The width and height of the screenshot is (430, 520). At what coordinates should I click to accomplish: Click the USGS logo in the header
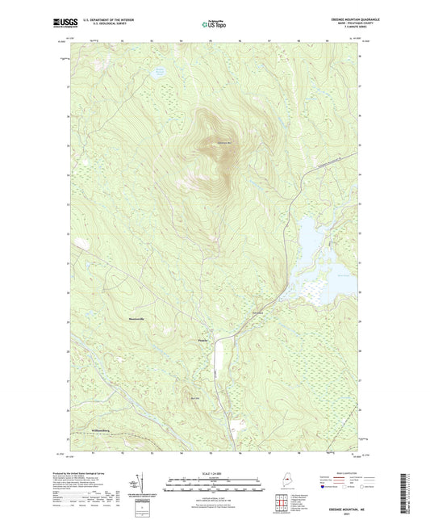tap(65, 23)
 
